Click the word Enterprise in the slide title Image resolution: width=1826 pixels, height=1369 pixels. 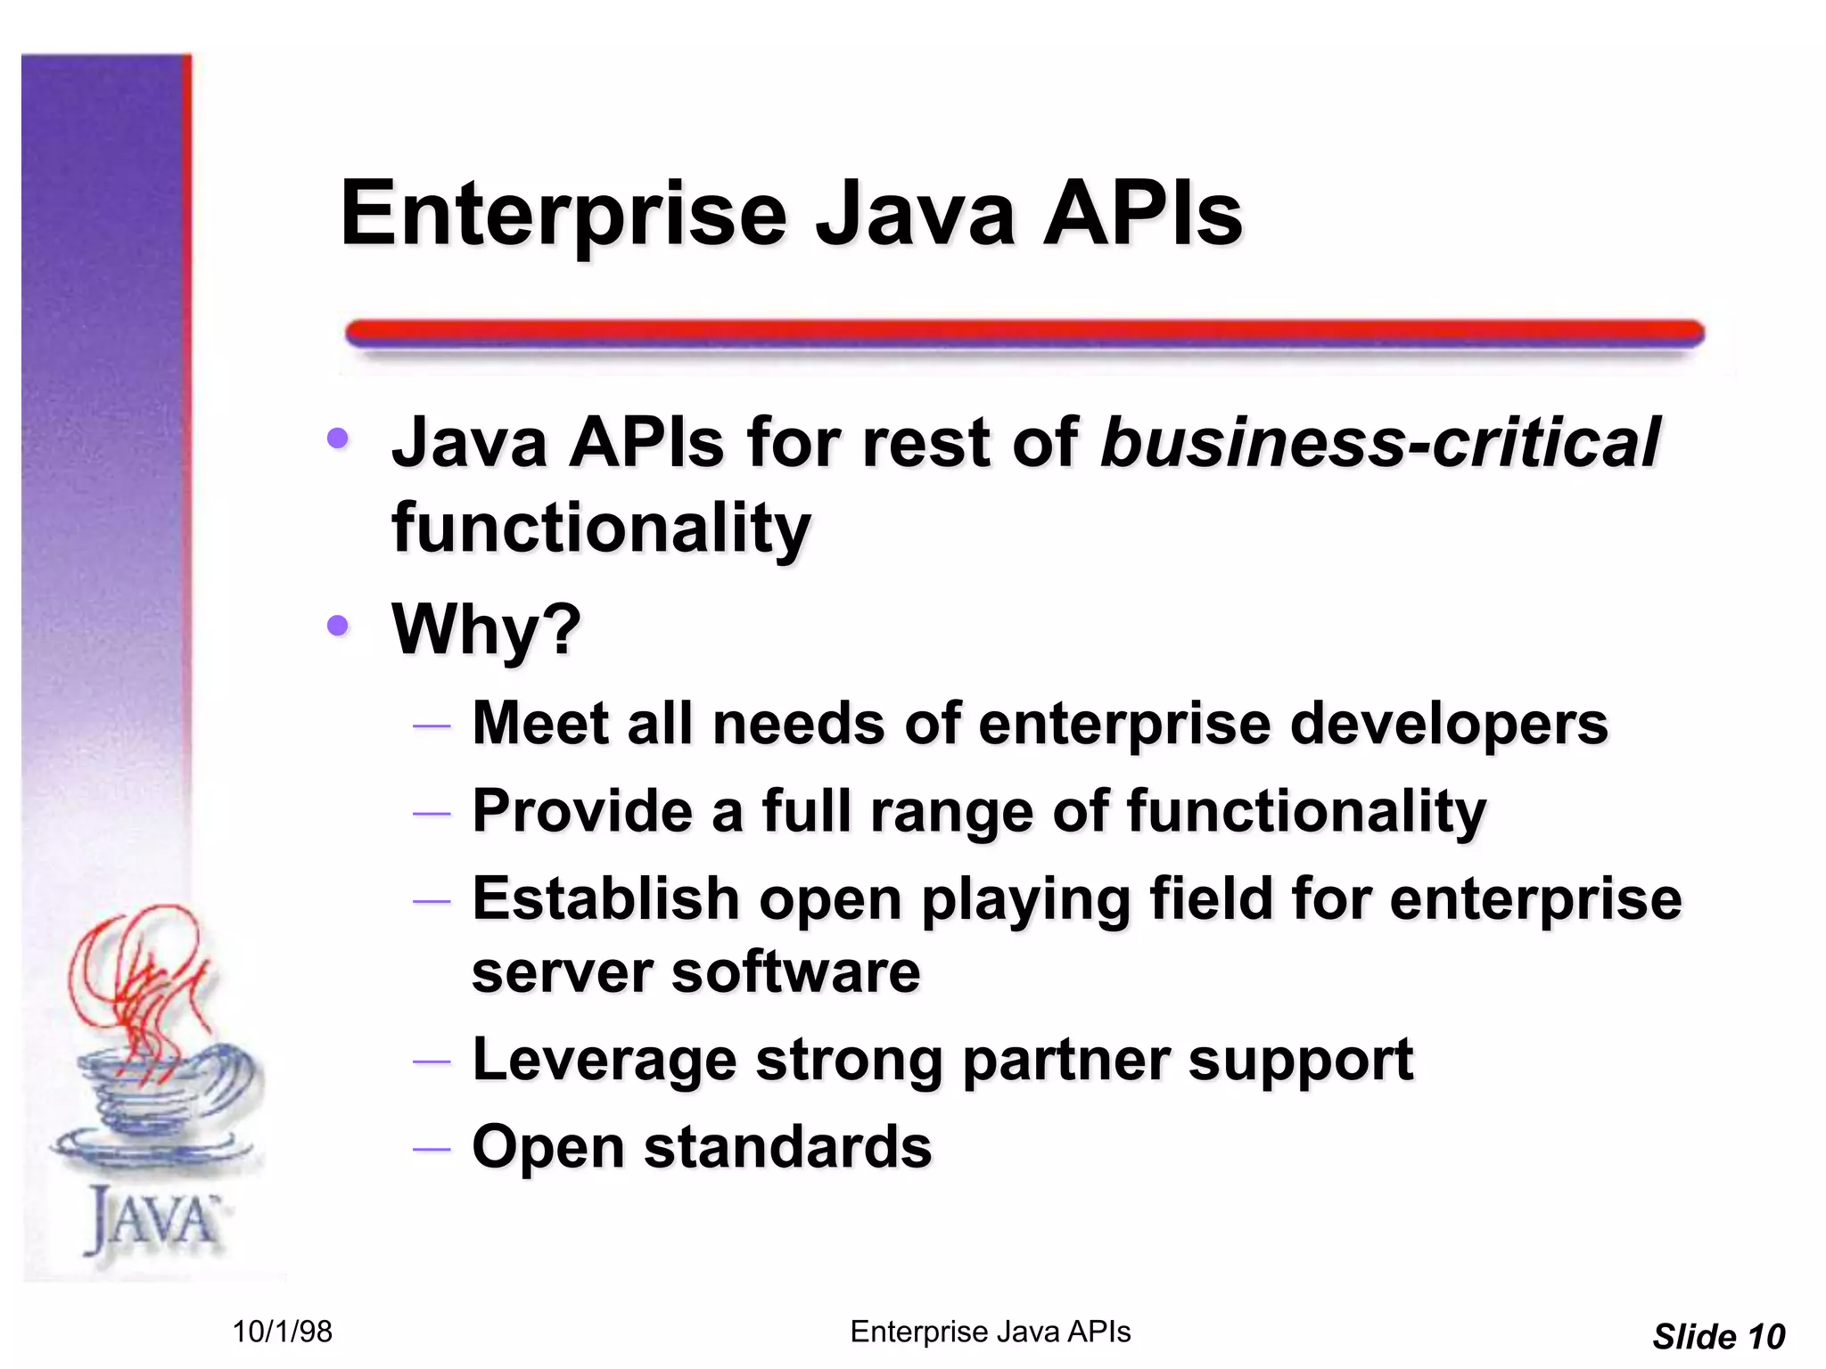pyautogui.click(x=563, y=215)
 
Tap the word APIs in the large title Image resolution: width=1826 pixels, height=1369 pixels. pyautogui.click(x=1142, y=215)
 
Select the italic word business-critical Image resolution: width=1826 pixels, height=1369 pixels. pyautogui.click(x=1379, y=443)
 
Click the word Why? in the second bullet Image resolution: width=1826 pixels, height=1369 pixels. pyautogui.click(x=486, y=629)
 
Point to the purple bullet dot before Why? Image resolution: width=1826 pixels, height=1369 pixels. pyautogui.click(x=338, y=626)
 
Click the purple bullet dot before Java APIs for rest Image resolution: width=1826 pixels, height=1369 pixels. pyautogui.click(x=338, y=438)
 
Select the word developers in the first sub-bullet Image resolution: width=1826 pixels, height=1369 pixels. pyautogui.click(x=1449, y=723)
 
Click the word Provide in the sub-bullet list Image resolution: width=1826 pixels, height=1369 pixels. pyautogui.click(x=582, y=811)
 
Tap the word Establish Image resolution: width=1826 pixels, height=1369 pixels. pyautogui.click(x=605, y=898)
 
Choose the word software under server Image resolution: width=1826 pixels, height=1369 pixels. pyautogui.click(x=795, y=971)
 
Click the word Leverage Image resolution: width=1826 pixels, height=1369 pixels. pyautogui.click(x=604, y=1059)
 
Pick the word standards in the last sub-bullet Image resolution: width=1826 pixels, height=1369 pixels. pyautogui.click(x=787, y=1146)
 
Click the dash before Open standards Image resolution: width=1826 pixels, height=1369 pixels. pyautogui.click(x=432, y=1148)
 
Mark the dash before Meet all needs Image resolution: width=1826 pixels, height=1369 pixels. pyautogui.click(x=432, y=725)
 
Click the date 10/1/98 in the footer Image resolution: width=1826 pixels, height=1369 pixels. pyautogui.click(x=282, y=1332)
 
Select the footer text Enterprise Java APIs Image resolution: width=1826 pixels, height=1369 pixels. pyautogui.click(x=990, y=1332)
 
